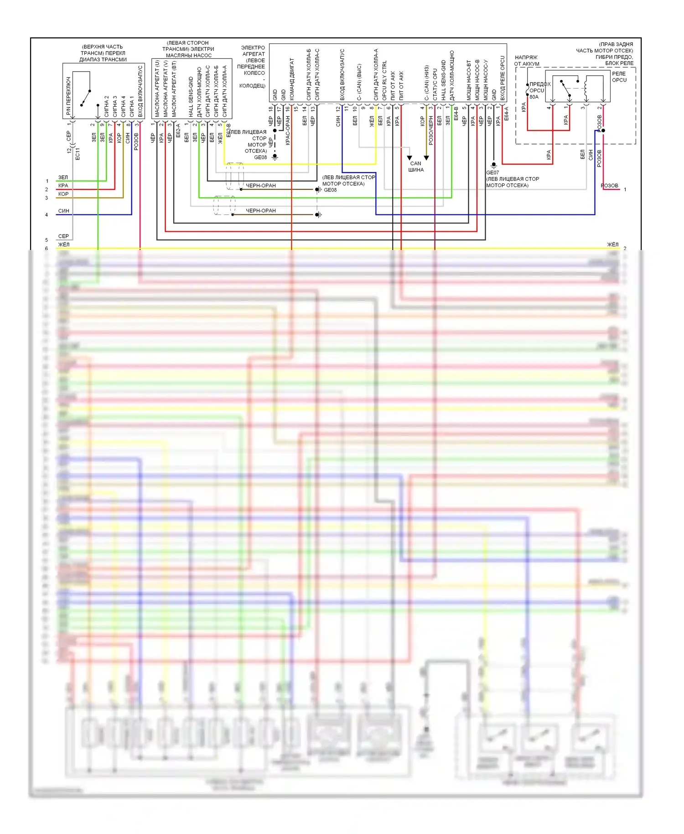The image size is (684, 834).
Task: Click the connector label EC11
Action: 78,154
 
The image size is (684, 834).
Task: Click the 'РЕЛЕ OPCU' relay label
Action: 619,77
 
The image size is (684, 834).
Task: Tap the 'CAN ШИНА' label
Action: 415,167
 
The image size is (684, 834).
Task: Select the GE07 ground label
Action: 492,172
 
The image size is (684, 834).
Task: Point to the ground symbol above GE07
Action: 493,165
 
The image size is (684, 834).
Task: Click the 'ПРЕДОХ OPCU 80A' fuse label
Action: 539,90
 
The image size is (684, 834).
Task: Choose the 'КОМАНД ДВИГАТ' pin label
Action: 292,79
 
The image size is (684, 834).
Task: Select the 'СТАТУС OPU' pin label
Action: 435,85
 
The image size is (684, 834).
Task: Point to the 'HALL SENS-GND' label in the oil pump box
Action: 191,96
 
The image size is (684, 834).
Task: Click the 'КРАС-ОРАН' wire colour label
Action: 288,130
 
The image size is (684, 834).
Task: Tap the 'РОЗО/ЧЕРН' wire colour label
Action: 431,130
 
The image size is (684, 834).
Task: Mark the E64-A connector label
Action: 506,114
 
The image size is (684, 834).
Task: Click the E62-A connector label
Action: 178,130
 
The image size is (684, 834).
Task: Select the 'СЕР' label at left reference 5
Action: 63,236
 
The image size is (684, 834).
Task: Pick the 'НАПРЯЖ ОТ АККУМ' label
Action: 527,61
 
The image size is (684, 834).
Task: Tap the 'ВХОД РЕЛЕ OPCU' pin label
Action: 503,78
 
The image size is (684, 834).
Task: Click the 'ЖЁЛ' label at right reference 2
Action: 612,245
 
